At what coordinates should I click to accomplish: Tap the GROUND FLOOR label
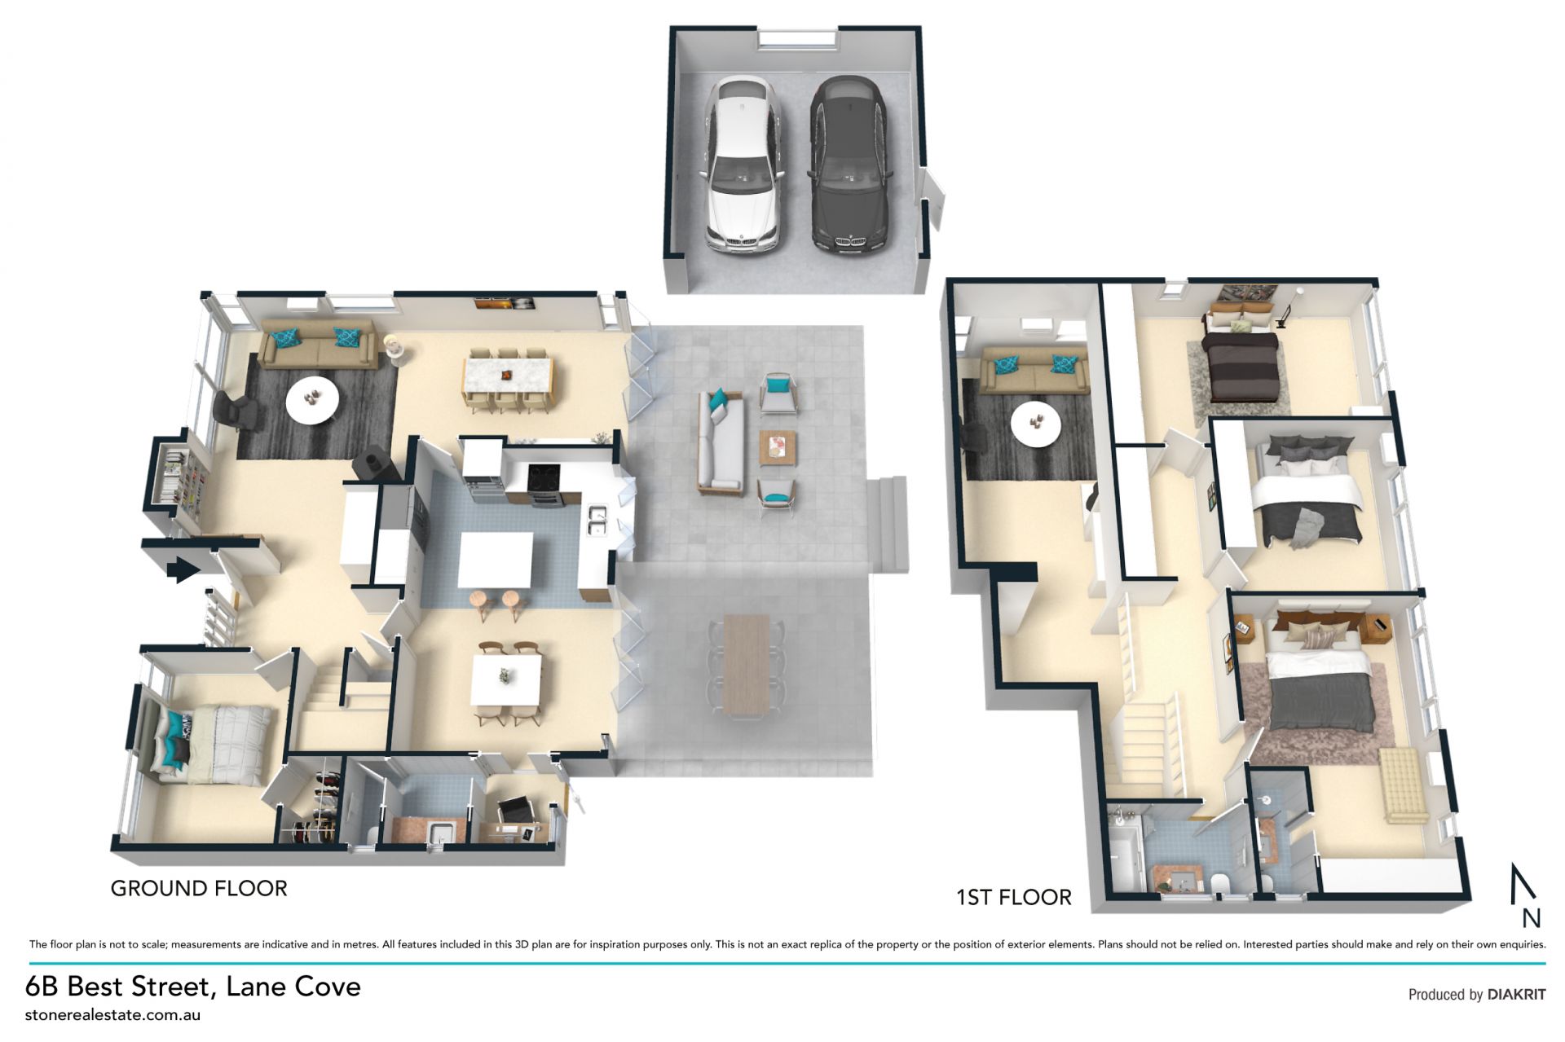coord(199,888)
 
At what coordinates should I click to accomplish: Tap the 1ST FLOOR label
coord(1013,897)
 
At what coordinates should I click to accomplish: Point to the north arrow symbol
coord(1523,895)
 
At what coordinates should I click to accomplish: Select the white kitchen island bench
coord(496,561)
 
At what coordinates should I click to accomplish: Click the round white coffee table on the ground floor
coord(312,398)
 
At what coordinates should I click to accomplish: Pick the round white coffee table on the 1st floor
coord(1036,424)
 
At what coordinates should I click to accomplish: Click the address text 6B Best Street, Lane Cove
coord(193,987)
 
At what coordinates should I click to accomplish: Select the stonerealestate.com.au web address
coord(112,1015)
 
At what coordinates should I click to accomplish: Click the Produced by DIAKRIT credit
coord(1477,994)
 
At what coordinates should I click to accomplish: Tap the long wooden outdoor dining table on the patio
coord(746,666)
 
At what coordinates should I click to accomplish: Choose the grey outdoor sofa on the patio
coord(720,442)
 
